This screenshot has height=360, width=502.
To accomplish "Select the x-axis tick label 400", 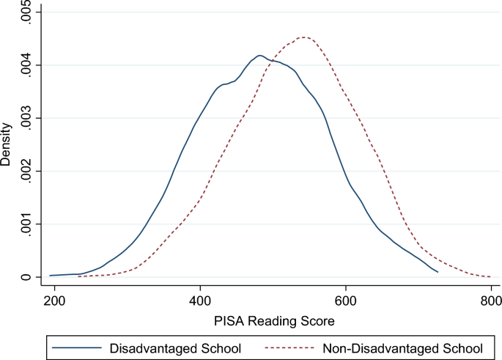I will pos(200,301).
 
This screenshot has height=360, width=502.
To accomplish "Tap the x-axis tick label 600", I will pos(345,301).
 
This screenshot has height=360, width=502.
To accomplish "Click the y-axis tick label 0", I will pos(26,277).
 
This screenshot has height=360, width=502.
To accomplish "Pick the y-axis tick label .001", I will pos(26,224).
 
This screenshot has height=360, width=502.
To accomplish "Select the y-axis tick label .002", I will pos(26,171).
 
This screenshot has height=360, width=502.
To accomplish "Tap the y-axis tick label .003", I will pos(26,118).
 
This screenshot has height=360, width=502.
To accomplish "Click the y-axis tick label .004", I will pos(26,65).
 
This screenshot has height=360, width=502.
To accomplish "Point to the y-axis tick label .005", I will pos(26,13).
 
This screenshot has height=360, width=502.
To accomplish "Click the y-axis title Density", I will pos(7,145).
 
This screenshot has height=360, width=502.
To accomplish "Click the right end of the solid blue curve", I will pos(438,272).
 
